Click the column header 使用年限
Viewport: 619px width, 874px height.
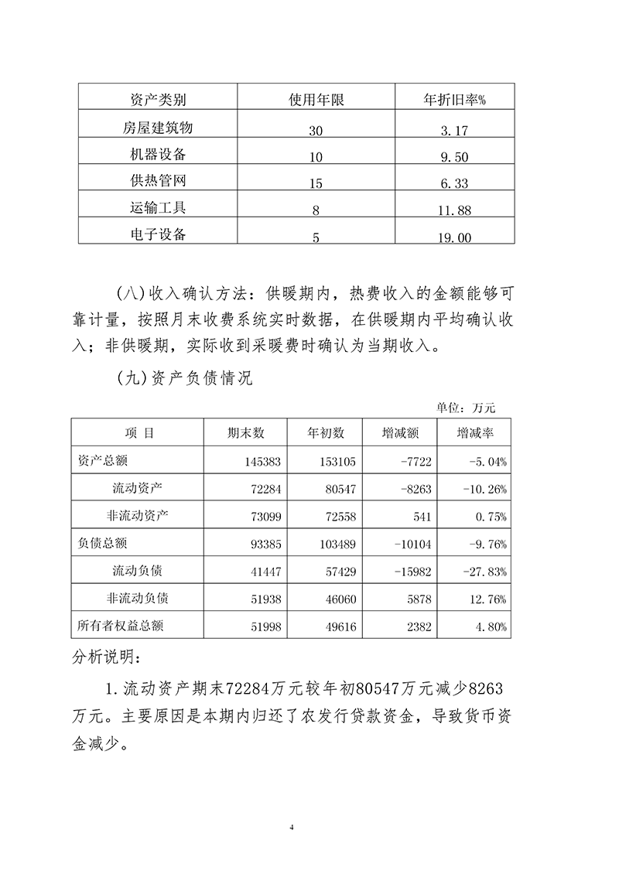coord(316,100)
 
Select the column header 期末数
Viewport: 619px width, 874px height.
coord(246,433)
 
